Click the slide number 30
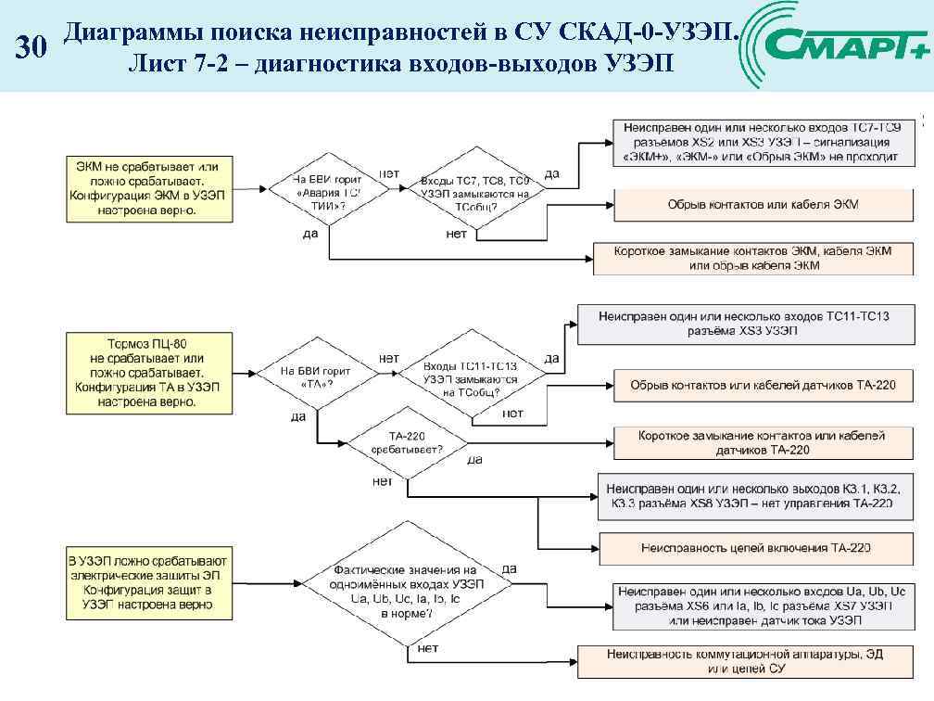coord(30,48)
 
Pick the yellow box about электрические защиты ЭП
coord(147,583)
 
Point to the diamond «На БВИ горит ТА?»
coord(317,376)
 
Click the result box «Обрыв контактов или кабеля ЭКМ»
coord(763,204)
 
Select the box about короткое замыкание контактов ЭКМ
coord(753,258)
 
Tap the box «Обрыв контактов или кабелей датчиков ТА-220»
coord(763,385)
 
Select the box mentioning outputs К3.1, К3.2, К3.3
coord(758,495)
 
